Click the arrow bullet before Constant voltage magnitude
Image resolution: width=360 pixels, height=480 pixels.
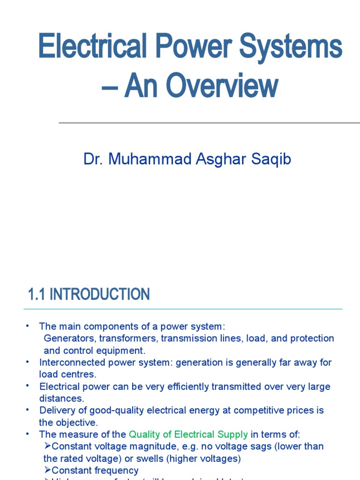(x=47, y=446)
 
